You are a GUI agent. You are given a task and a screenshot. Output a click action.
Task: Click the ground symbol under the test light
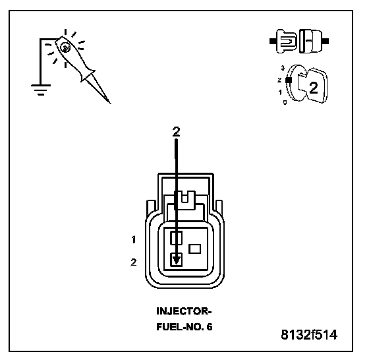[x=41, y=90]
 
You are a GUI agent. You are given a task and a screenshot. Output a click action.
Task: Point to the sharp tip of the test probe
[x=110, y=103]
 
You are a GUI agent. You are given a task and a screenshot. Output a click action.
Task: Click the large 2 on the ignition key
[x=313, y=88]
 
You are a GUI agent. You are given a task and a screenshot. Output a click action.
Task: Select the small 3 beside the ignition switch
[x=283, y=68]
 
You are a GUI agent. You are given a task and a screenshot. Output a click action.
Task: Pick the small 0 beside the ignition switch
[x=285, y=102]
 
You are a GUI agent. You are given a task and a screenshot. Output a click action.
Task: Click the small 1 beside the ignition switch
[x=280, y=92]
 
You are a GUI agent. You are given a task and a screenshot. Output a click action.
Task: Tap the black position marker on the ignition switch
[x=289, y=80]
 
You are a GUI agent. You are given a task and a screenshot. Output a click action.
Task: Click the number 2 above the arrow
[x=176, y=132]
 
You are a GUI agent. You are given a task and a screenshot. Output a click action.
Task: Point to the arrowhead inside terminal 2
[x=177, y=260]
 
